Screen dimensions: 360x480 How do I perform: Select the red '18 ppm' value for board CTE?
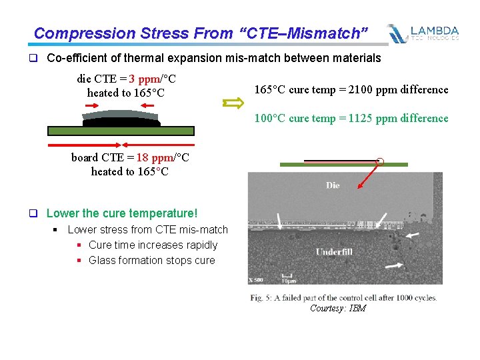coord(155,158)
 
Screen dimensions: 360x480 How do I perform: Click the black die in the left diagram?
coord(121,122)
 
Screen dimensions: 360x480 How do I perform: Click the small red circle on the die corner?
coord(380,161)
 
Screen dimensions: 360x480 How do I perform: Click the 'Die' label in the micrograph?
coord(333,185)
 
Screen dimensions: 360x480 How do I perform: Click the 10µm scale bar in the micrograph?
coord(287,275)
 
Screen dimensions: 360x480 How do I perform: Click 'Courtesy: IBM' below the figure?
coord(337,308)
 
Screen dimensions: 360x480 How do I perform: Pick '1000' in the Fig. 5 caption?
coord(397,297)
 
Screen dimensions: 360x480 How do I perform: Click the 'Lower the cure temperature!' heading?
coord(122,213)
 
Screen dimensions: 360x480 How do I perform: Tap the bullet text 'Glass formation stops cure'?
coord(151,260)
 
